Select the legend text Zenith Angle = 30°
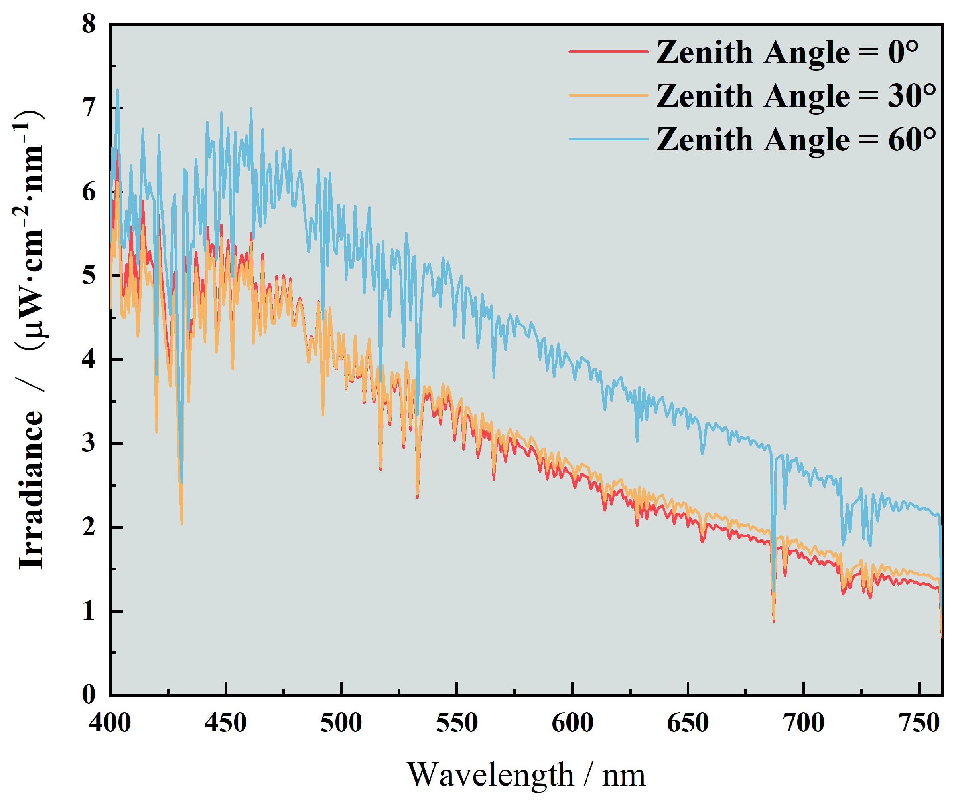click(x=796, y=96)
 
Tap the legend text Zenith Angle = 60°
click(x=796, y=139)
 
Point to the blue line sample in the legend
click(x=608, y=139)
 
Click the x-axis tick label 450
click(x=225, y=723)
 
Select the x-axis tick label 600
click(x=572, y=723)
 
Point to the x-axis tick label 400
click(x=110, y=723)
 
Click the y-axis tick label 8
click(x=89, y=24)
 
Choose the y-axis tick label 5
click(x=89, y=275)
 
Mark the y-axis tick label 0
click(x=89, y=694)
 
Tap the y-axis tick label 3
click(x=89, y=443)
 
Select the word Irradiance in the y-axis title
click(x=31, y=490)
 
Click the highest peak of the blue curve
click(x=117, y=90)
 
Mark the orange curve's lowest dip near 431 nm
click(x=181, y=524)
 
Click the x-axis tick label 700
click(x=804, y=723)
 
